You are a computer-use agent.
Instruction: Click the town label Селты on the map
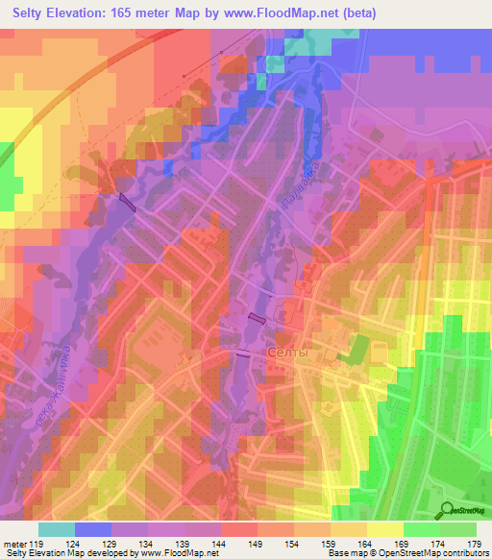tap(287, 353)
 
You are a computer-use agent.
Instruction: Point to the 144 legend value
tap(219, 543)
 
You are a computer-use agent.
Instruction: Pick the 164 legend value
tap(366, 543)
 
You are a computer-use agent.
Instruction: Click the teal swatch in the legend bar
tap(57, 529)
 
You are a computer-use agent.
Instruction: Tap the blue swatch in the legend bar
tap(93, 529)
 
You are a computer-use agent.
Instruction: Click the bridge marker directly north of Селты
tap(257, 318)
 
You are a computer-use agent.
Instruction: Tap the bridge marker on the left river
tap(128, 201)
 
